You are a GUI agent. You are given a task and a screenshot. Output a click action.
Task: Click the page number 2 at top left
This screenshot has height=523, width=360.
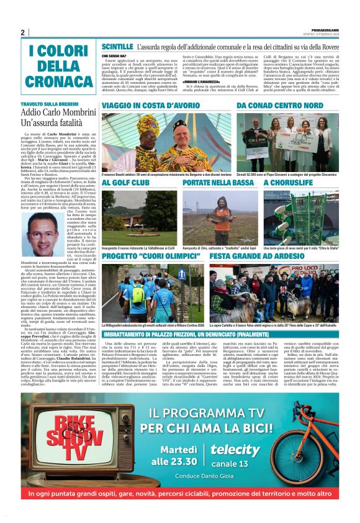[x=23, y=32]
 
